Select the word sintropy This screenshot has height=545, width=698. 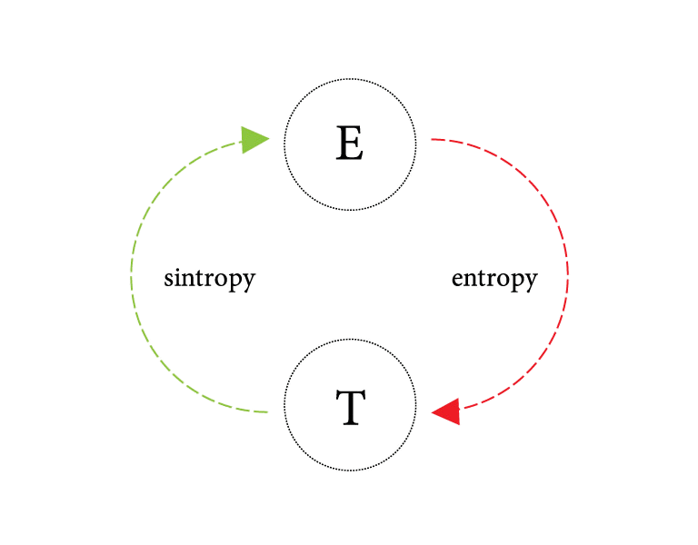(209, 278)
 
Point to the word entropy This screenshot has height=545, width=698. (494, 279)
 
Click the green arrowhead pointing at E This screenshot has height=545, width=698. (255, 139)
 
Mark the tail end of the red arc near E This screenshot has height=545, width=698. (431, 140)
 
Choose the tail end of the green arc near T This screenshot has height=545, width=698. (266, 412)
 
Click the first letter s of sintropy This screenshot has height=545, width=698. (169, 278)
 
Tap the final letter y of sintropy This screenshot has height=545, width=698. (247, 281)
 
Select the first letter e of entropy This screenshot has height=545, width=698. (457, 279)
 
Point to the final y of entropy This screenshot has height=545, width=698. (530, 282)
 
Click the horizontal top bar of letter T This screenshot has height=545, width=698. (350, 393)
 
